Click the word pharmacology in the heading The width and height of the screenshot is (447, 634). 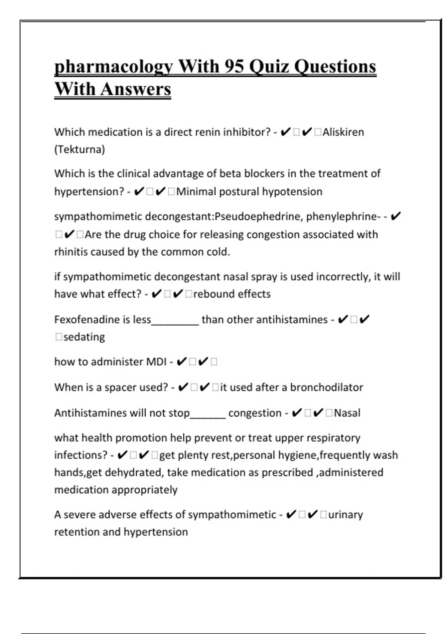(114, 67)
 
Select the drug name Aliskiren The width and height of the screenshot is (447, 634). (343, 132)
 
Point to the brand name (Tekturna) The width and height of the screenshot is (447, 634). (80, 150)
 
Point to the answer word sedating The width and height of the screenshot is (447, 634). (84, 337)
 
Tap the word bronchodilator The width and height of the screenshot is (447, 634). (326, 387)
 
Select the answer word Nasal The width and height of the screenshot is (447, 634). (347, 413)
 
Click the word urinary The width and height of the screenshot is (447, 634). (345, 515)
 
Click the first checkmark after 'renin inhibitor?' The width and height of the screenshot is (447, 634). (285, 132)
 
